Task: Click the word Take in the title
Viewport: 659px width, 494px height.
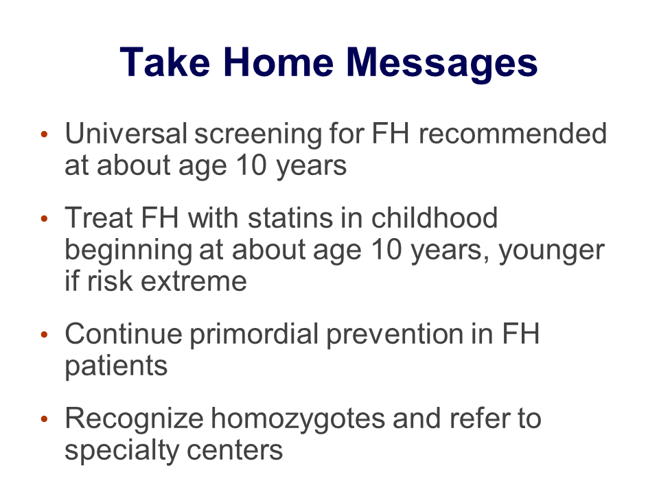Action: (x=164, y=62)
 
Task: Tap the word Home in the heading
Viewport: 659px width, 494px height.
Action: (x=278, y=62)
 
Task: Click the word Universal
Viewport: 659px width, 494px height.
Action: (x=126, y=134)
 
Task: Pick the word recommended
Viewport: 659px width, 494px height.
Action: (x=513, y=134)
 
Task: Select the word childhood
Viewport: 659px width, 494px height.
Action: (x=434, y=217)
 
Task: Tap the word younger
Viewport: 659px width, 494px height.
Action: (x=551, y=252)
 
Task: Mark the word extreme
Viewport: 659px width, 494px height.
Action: (x=194, y=282)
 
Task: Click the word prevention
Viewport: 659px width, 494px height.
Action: (x=395, y=336)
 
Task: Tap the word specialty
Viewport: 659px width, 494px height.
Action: (x=122, y=452)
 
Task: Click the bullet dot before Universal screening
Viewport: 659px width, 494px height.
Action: (x=45, y=134)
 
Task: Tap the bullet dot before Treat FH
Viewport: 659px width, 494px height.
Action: (x=45, y=218)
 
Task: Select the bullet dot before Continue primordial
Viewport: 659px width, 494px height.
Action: (x=45, y=334)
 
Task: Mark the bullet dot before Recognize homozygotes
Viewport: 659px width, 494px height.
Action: (x=45, y=419)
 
